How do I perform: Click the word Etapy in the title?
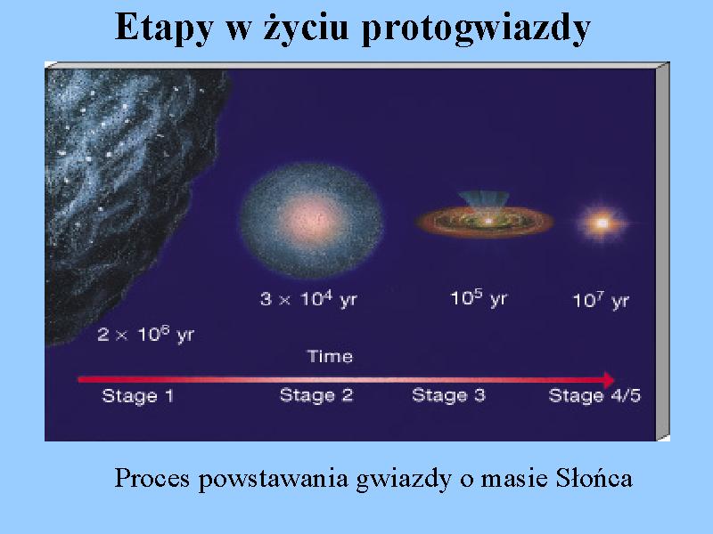pos(164,28)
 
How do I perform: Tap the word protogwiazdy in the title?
pos(476,28)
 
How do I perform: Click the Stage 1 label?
pos(138,396)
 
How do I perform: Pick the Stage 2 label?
pos(316,395)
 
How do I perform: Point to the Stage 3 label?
pos(449,395)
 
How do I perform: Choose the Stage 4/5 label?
pos(594,395)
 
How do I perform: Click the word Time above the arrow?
pos(330,356)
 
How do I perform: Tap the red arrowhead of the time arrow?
pos(609,380)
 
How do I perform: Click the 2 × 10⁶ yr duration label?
pos(145,336)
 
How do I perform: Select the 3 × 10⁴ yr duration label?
pos(308,299)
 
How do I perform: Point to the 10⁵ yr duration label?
pos(479,298)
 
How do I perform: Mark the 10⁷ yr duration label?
pos(601,300)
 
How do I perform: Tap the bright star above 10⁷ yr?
pos(602,223)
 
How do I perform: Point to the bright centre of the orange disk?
pos(488,221)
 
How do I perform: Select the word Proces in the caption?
pos(152,478)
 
